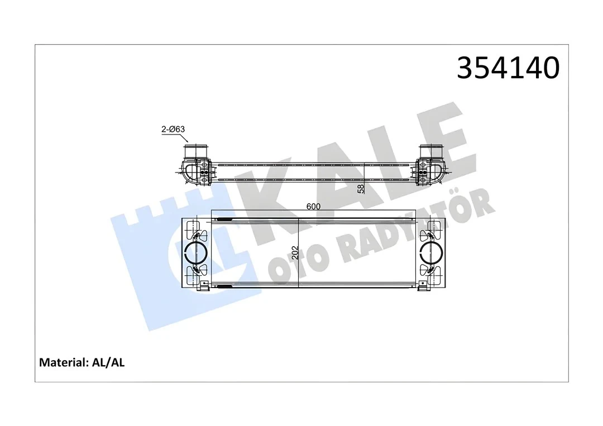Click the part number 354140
(x=508, y=68)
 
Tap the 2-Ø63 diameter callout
(x=173, y=130)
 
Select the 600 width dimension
(x=313, y=207)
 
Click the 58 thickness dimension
(x=361, y=189)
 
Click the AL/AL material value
(x=108, y=362)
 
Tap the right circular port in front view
(x=432, y=252)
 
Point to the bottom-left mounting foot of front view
(x=204, y=287)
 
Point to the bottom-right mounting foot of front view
(x=424, y=287)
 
